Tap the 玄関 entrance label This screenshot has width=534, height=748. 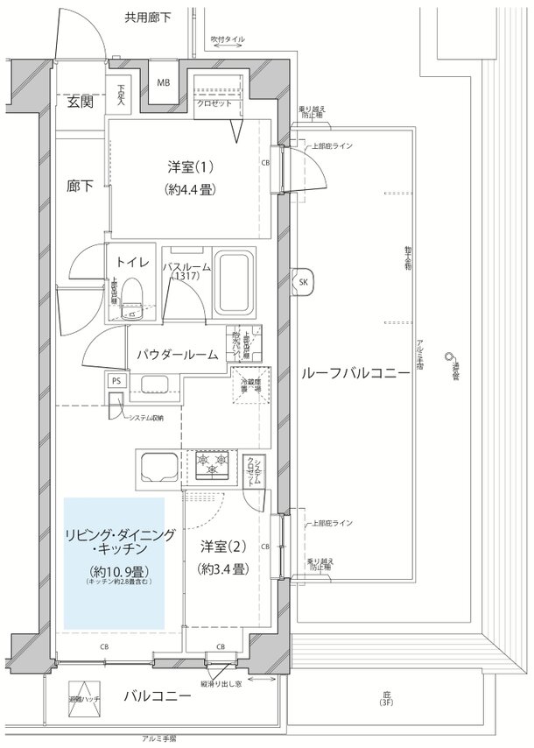80,102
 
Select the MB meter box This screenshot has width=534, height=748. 164,83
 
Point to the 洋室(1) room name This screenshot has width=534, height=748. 189,166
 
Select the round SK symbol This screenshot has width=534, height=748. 304,282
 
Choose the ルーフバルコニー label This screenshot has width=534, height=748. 355,373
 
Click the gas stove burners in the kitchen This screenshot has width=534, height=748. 212,465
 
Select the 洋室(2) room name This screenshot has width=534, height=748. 222,547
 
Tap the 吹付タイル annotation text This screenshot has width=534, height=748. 228,39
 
